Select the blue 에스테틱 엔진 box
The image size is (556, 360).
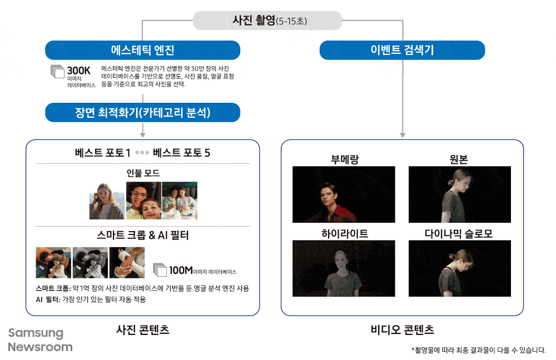142,50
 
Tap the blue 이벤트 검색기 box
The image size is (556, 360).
402,50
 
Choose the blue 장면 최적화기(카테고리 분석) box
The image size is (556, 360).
142,113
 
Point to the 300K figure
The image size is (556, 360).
78,71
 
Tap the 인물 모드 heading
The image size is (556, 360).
143,173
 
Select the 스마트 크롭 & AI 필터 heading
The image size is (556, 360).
143,235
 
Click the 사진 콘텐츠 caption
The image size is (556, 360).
143,329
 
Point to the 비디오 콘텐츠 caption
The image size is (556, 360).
402,329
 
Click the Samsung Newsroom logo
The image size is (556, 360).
40,340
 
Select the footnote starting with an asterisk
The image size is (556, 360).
479,350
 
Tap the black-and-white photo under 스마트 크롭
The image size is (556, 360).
90,263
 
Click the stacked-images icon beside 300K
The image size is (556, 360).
57,72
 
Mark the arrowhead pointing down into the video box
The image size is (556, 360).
402,134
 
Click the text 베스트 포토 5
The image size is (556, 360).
181,153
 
